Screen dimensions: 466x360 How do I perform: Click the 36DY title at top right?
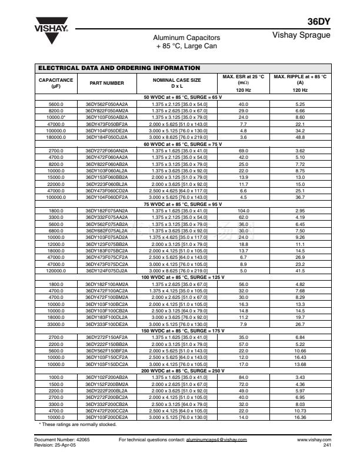(x=320, y=22)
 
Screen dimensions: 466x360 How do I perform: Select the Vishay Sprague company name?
(x=302, y=35)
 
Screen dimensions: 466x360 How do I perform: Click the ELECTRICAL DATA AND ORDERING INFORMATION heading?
(x=119, y=68)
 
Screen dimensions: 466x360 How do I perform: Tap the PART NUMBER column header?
(x=106, y=83)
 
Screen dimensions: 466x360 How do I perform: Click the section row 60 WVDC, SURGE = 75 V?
(x=182, y=144)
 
